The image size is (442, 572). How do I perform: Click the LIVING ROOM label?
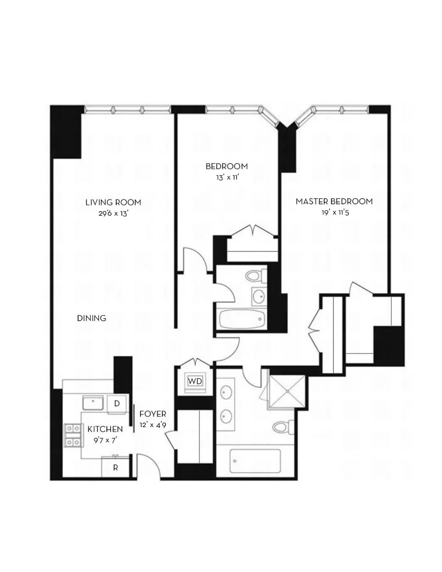point(113,203)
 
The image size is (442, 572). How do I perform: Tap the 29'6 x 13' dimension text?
point(113,214)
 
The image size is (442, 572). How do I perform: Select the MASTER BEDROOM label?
point(334,201)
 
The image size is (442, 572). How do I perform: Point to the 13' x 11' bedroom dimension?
point(227,177)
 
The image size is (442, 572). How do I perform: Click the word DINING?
point(92,318)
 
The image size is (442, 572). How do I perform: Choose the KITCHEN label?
point(105,429)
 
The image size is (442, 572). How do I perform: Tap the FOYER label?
point(153,414)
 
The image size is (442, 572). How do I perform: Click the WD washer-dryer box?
point(195,381)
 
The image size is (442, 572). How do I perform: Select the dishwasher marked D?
point(117,403)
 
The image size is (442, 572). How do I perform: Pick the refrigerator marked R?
point(115,468)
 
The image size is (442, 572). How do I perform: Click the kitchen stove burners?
point(72,436)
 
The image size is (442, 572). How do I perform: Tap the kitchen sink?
point(93,403)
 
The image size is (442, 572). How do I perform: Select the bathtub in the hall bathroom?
point(242,319)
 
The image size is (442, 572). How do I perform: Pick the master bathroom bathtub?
point(255,461)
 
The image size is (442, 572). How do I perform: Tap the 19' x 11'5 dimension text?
point(335,212)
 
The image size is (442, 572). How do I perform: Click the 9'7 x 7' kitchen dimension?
point(105,440)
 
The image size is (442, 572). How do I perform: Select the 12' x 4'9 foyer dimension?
point(153,425)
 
